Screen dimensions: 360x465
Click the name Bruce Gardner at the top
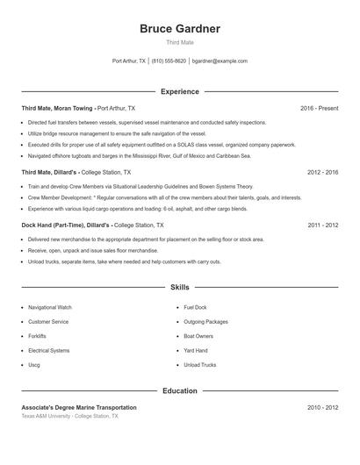coord(179,29)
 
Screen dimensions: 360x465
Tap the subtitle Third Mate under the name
coord(179,42)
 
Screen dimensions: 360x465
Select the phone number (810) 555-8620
coord(169,61)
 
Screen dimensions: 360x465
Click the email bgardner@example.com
coord(220,61)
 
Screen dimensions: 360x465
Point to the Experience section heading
coord(179,91)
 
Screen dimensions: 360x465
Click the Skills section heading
coord(179,287)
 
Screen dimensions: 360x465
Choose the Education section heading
coord(179,390)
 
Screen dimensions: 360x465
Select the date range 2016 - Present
coord(319,108)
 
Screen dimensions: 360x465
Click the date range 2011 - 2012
coord(323,225)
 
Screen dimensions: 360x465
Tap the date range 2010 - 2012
coord(323,408)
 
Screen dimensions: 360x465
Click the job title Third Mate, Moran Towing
coord(57,108)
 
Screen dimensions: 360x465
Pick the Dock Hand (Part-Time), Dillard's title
coord(66,225)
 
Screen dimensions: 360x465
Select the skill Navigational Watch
coord(50,308)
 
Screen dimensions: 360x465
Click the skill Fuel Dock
coord(195,308)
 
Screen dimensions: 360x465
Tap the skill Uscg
coord(34,364)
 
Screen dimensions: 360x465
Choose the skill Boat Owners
coord(198,336)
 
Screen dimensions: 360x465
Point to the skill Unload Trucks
coord(199,364)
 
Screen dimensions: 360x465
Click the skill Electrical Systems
coord(49,350)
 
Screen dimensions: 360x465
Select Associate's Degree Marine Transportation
coord(79,408)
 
